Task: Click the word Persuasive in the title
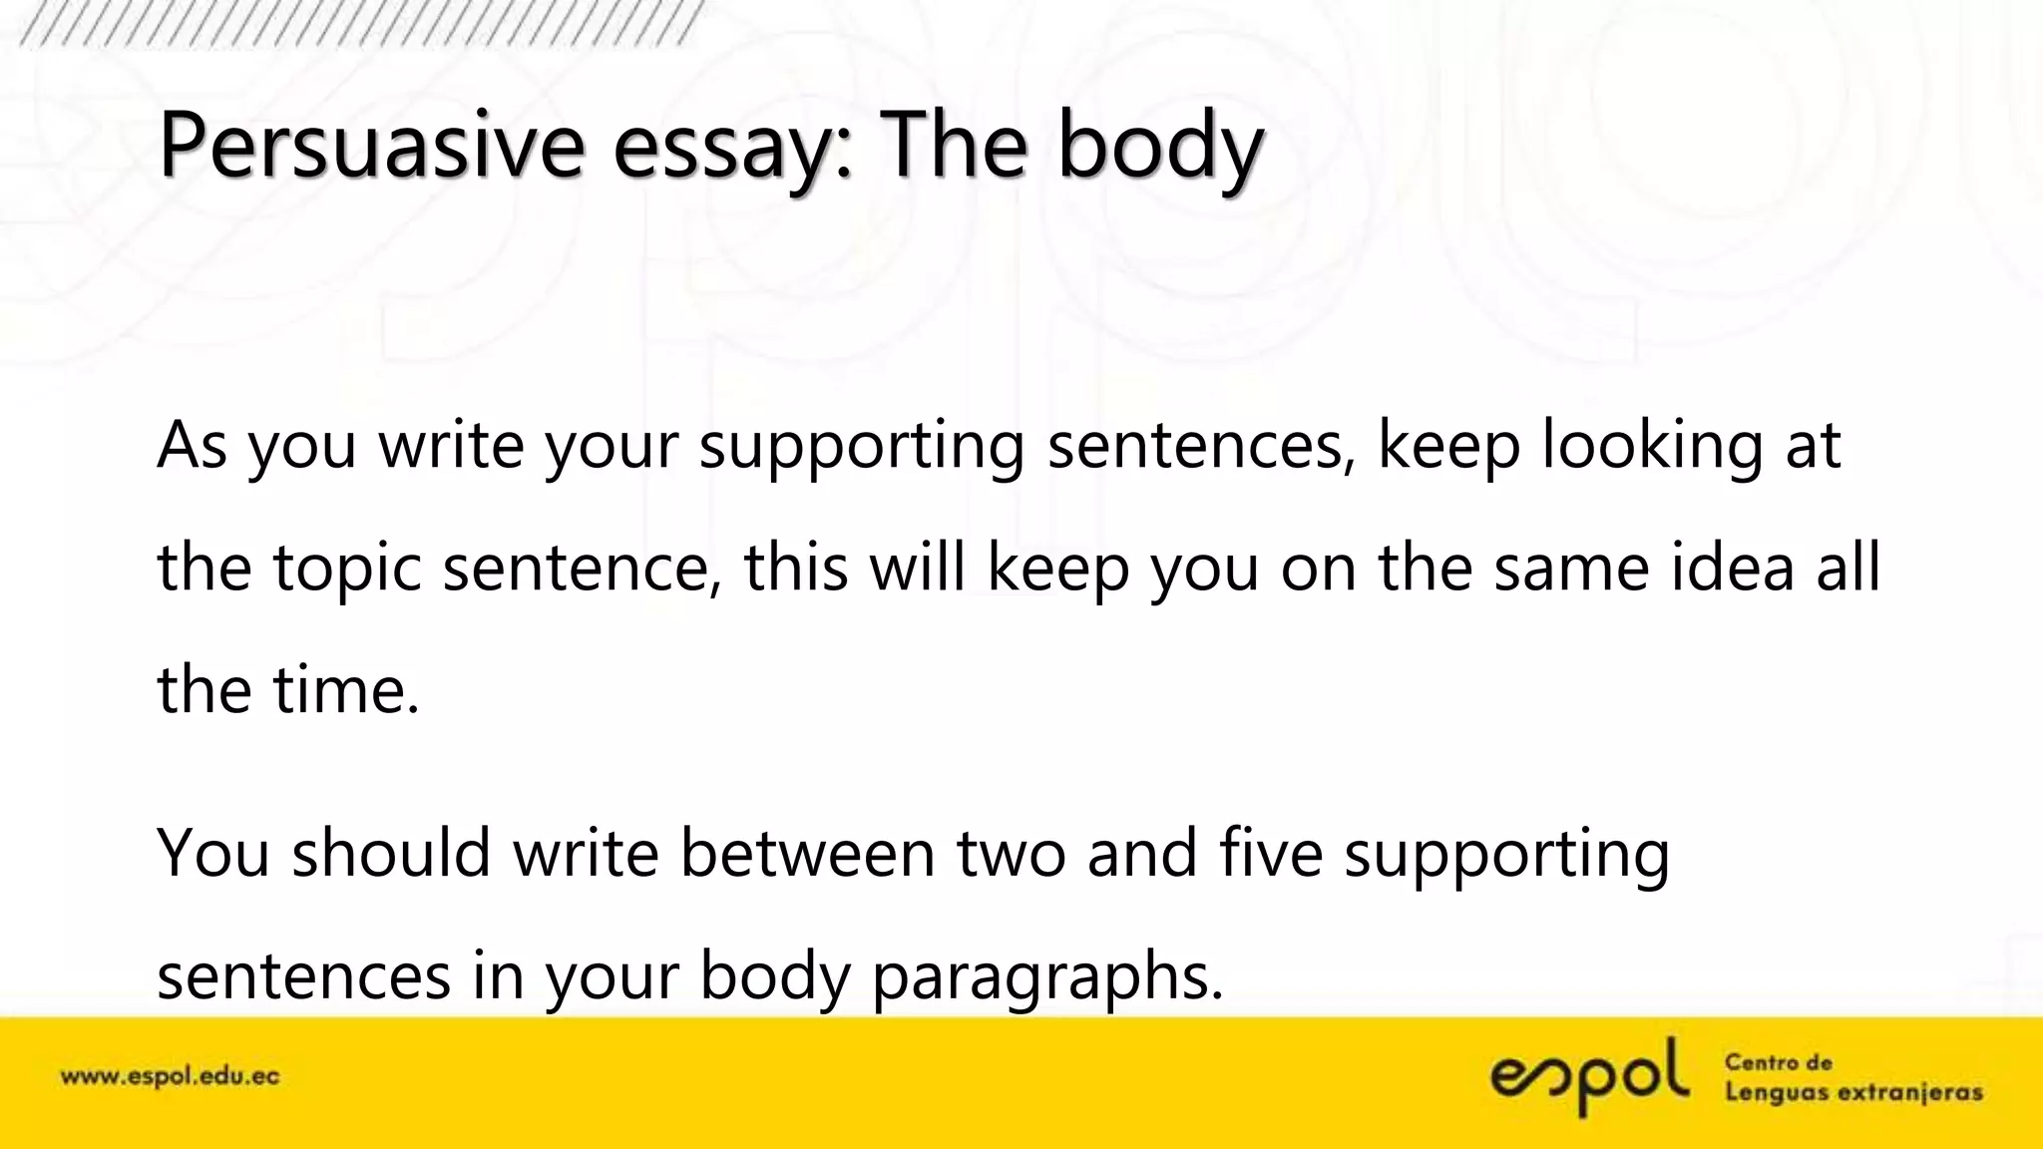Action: click(370, 148)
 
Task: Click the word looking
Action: click(1652, 445)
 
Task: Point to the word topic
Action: click(347, 569)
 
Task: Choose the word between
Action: click(807, 853)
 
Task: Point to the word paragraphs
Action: click(1046, 976)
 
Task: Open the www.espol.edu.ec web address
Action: click(171, 1077)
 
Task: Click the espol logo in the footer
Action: click(1590, 1076)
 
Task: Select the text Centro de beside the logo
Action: click(1779, 1062)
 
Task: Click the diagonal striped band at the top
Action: click(359, 22)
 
